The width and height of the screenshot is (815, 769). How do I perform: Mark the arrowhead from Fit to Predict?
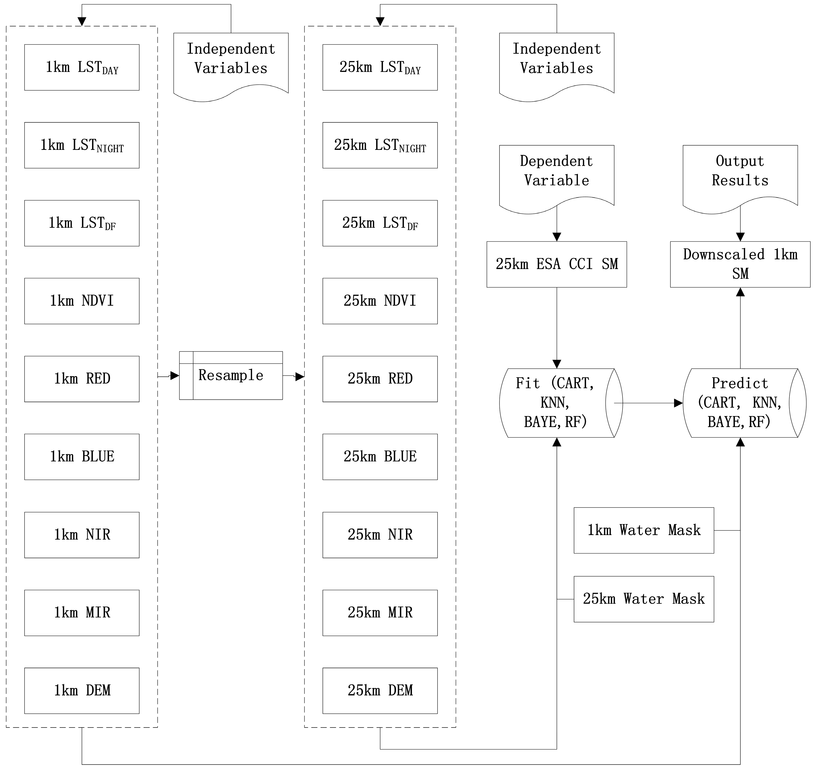click(679, 403)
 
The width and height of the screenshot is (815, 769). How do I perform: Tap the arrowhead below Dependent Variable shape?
click(557, 237)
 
